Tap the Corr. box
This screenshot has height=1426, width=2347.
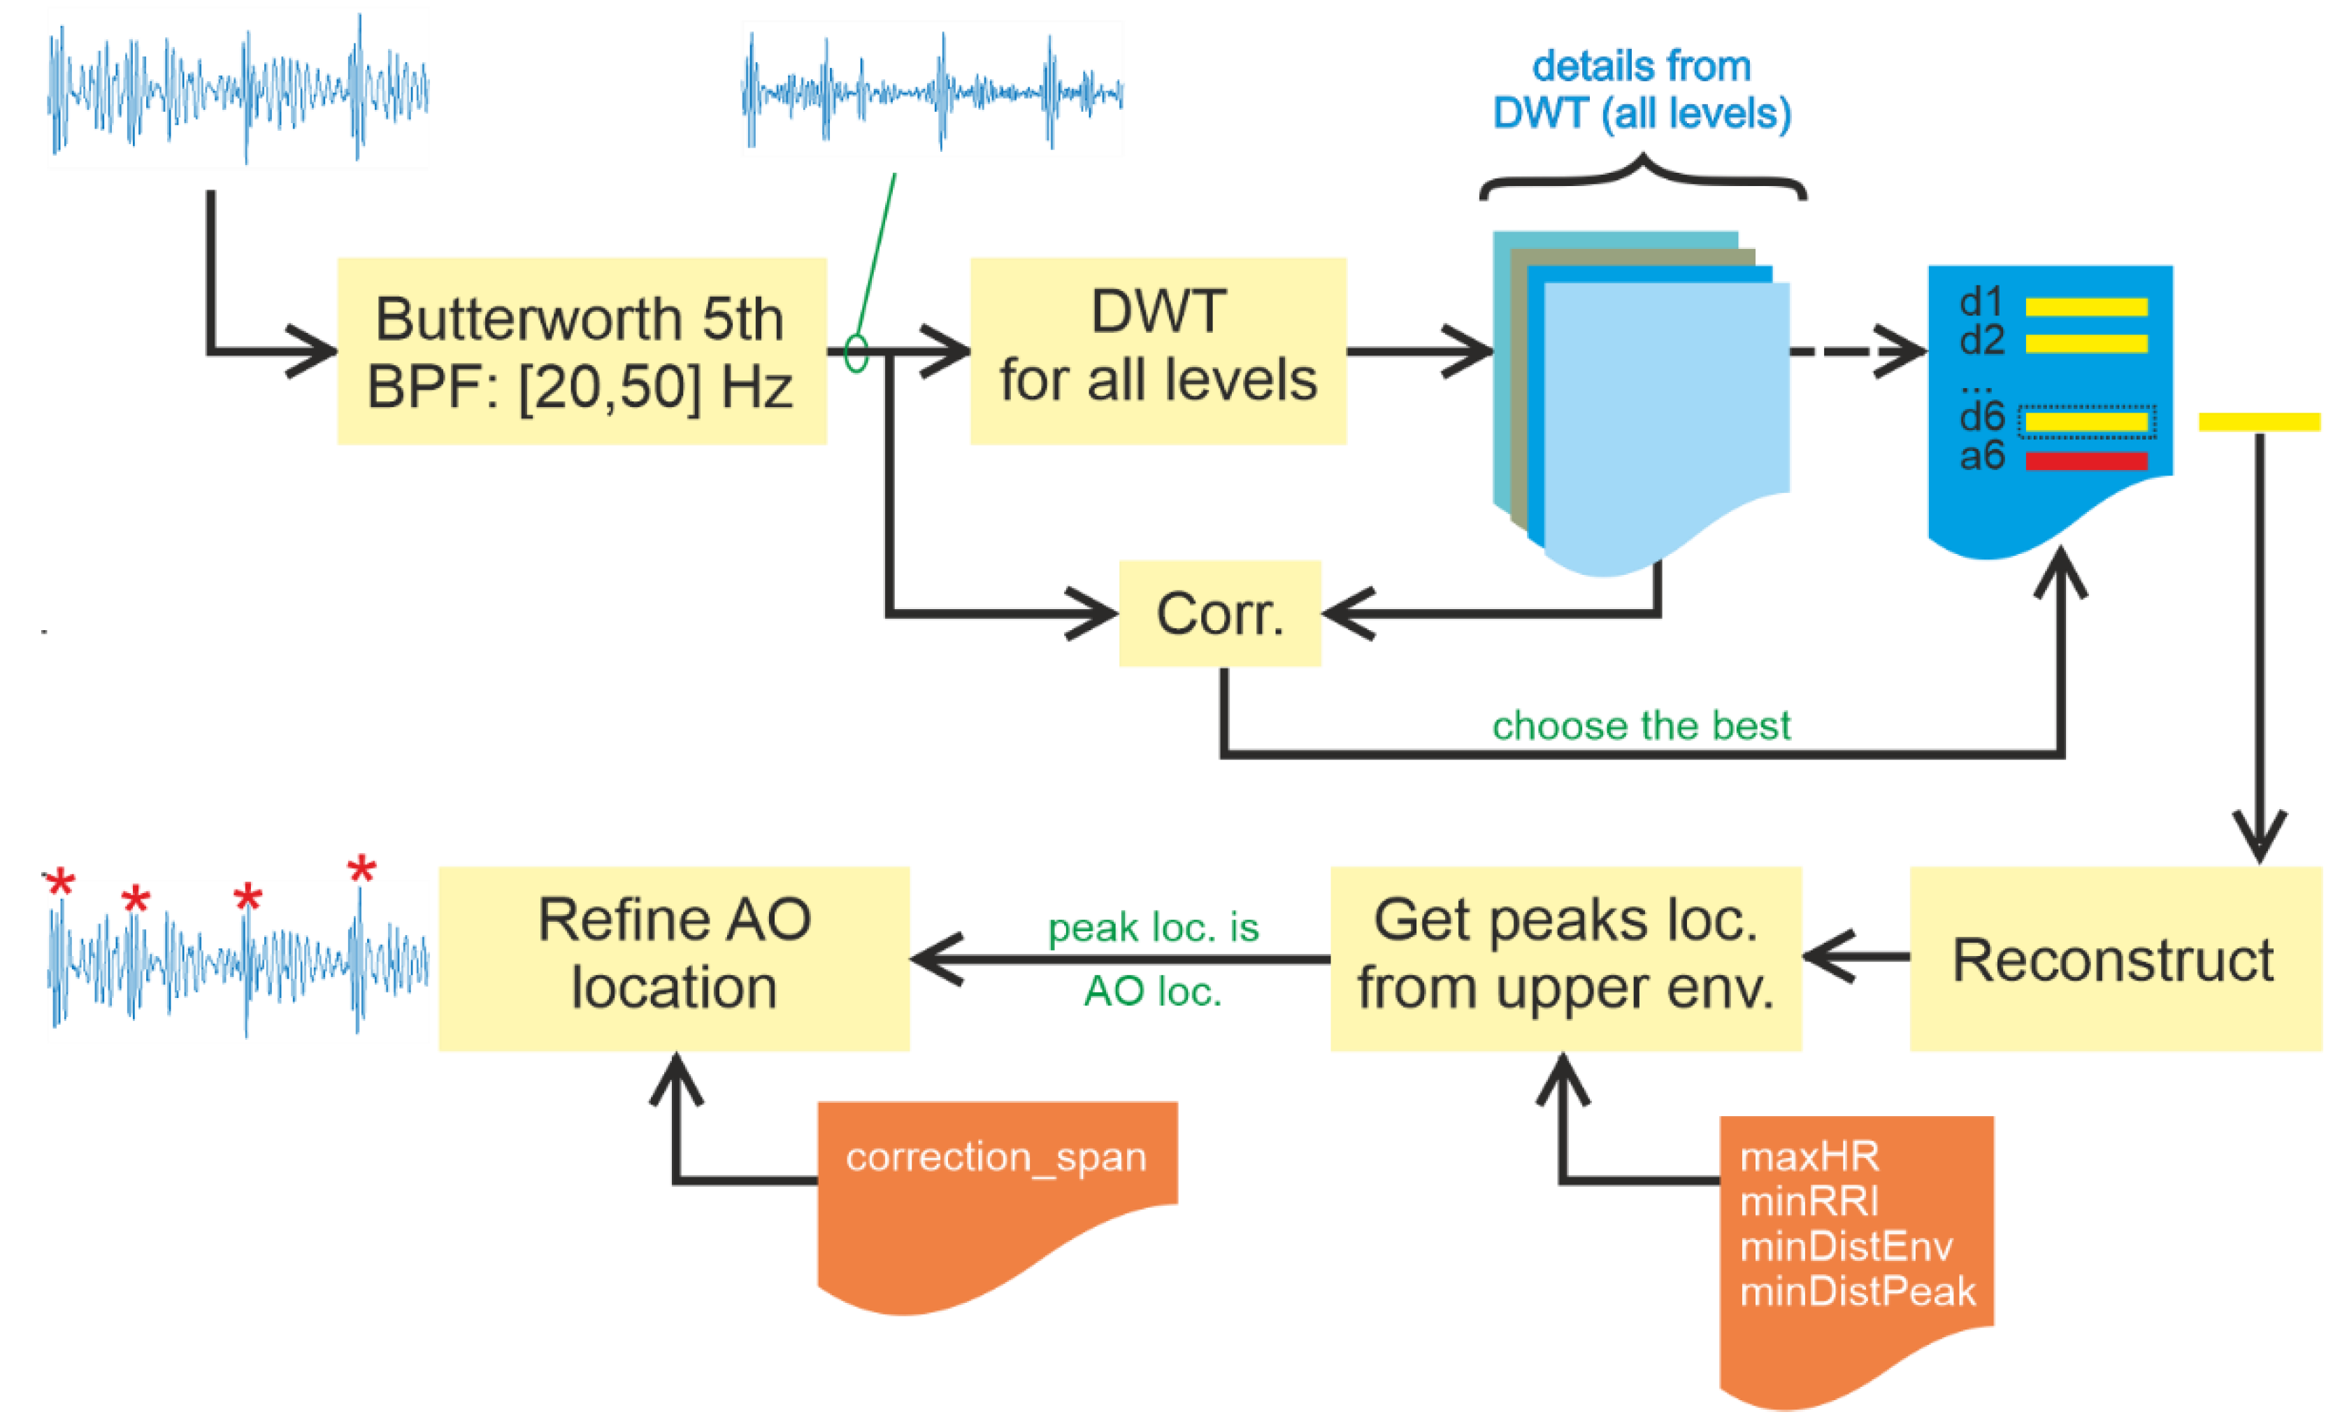point(1219,613)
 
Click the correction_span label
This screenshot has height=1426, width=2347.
point(996,1157)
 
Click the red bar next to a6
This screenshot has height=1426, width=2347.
point(2086,461)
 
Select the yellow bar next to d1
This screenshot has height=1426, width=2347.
point(2086,307)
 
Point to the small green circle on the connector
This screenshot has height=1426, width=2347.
point(856,352)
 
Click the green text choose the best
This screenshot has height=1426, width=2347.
point(1640,726)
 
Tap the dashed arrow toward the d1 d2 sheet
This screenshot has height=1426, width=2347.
point(1858,352)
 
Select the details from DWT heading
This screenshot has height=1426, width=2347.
point(1641,90)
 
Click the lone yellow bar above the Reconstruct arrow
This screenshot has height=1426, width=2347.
point(2258,421)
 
